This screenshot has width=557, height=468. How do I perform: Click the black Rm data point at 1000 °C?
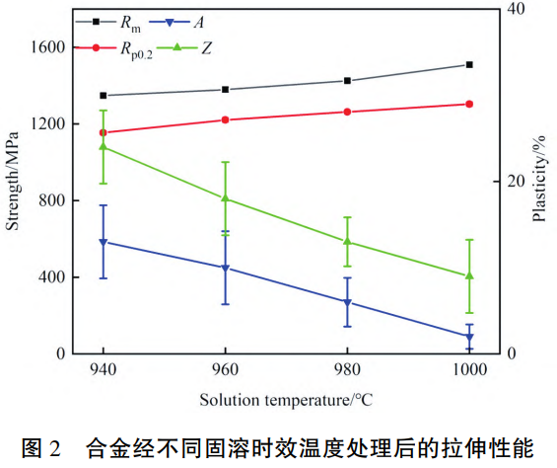coord(469,64)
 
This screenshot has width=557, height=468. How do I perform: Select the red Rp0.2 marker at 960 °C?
coord(225,119)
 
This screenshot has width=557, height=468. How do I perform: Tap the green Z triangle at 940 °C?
coord(103,146)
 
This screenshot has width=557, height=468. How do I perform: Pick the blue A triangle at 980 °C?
coord(347,302)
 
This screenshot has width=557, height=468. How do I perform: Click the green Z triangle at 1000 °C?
coord(469,275)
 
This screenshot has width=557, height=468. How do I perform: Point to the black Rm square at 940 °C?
coord(103,96)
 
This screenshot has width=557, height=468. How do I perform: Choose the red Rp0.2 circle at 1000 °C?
coord(469,104)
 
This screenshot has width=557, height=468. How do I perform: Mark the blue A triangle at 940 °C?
coord(103,242)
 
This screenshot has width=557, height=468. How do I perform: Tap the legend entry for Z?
coord(204,46)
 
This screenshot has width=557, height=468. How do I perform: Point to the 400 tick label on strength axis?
coord(53,277)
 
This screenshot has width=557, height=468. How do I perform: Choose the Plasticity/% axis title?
coord(539,181)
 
